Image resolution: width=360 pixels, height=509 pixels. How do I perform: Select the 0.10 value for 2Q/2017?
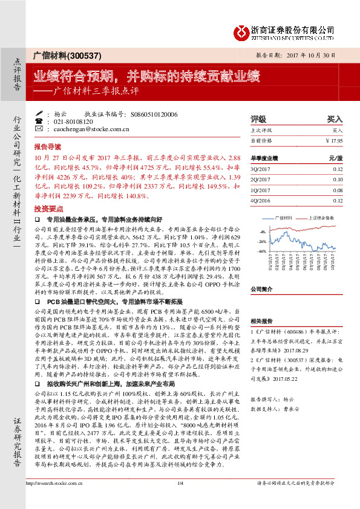pyautogui.click(x=337, y=180)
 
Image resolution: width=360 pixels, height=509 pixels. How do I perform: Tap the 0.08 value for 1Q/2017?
pyautogui.click(x=337, y=189)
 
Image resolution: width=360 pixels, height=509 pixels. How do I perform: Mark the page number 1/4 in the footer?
pyautogui.click(x=180, y=500)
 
